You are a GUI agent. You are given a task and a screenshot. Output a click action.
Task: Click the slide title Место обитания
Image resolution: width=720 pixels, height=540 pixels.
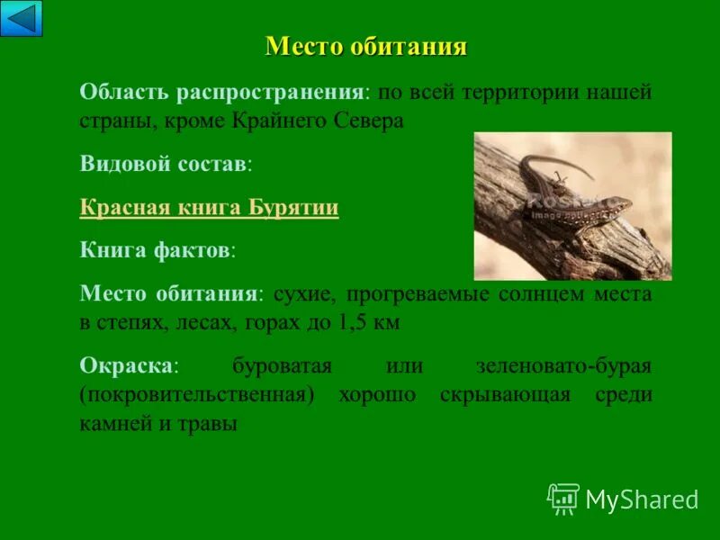coord(366,47)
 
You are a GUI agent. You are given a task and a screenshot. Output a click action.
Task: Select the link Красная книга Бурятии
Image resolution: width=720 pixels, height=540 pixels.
coord(209,208)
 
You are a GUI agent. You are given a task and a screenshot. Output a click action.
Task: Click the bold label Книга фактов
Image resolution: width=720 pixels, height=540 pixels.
coord(155,251)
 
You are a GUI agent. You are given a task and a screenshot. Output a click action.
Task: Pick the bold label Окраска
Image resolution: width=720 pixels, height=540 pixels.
coord(127,365)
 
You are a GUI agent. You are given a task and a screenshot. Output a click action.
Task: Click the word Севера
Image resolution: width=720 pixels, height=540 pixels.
coord(368,121)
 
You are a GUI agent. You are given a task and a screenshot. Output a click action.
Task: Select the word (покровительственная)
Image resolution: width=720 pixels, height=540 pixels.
coord(196,394)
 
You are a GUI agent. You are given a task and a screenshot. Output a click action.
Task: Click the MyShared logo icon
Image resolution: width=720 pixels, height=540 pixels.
coord(562,499)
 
